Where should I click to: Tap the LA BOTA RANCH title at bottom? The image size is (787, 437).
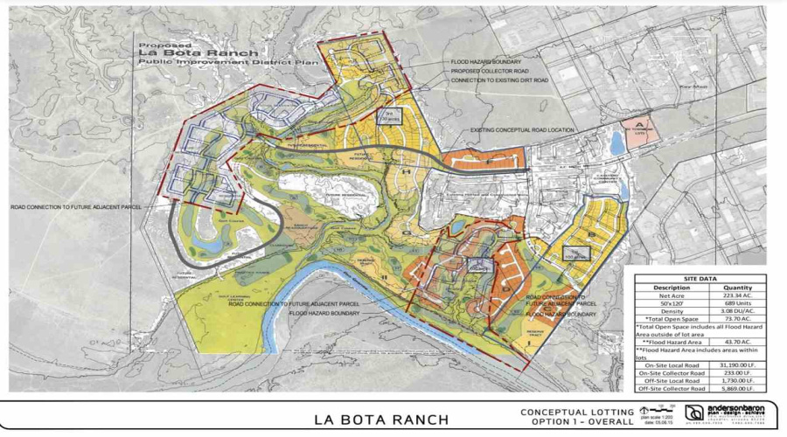point(381,419)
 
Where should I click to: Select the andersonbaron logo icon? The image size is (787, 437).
point(694,413)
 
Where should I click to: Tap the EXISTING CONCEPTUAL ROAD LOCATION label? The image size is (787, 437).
point(522,130)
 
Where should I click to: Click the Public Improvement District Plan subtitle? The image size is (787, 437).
point(196,62)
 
